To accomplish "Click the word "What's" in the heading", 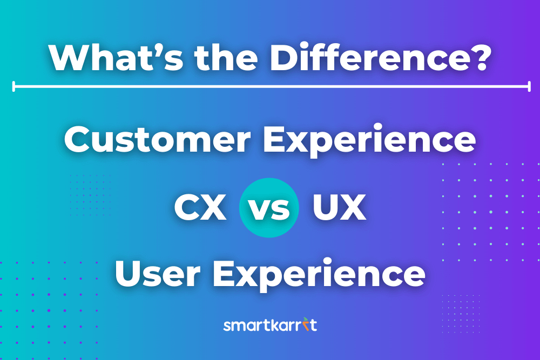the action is [116, 57].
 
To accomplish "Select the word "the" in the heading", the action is [226, 57].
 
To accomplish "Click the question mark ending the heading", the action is [478, 57].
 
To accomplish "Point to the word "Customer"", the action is [157, 139].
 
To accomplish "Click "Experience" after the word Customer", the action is [369, 140].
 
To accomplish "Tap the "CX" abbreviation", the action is [200, 207].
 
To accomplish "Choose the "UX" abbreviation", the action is [340, 207].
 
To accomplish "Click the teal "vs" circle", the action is [269, 208].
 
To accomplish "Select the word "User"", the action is [157, 274].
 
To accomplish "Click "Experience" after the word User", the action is [319, 274].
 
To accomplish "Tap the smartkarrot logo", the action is [270, 324].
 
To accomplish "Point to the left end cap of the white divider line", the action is [13, 86].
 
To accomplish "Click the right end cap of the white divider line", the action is [529, 86].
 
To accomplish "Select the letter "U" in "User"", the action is [129, 274].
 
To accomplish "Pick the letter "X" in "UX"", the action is [354, 207].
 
